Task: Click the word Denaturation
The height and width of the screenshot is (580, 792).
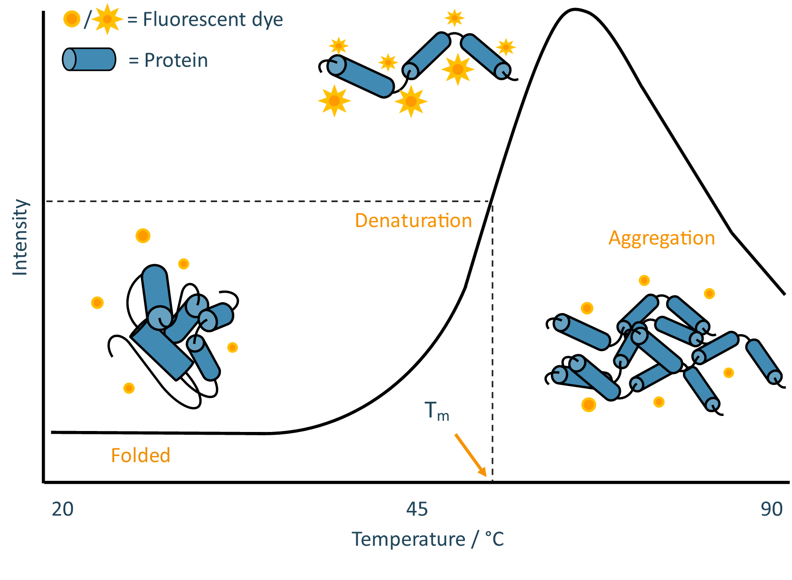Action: click(x=413, y=221)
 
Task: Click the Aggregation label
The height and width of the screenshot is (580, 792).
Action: click(x=661, y=238)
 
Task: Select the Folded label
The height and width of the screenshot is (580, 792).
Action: click(x=141, y=455)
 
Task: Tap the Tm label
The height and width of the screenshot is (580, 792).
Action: click(x=436, y=411)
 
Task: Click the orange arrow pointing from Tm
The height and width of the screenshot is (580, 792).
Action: click(x=470, y=455)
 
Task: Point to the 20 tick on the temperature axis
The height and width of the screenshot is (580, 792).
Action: click(x=63, y=509)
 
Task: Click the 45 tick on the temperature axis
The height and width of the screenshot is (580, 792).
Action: click(x=417, y=509)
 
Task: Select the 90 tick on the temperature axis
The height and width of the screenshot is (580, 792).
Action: click(x=771, y=509)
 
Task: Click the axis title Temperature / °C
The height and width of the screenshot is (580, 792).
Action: click(x=427, y=540)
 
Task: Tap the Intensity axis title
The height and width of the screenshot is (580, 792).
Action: click(x=20, y=237)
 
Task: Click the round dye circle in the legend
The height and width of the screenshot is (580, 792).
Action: click(x=72, y=19)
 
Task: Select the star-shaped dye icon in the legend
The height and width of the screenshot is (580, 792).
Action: click(x=107, y=19)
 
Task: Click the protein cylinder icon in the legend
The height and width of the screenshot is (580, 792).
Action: click(x=89, y=60)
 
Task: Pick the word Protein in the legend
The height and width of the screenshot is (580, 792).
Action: click(x=176, y=61)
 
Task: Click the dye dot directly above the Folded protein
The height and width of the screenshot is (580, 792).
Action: click(x=143, y=235)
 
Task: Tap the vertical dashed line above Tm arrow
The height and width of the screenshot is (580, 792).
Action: click(x=492, y=329)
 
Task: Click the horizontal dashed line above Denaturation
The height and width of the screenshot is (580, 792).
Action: click(x=268, y=201)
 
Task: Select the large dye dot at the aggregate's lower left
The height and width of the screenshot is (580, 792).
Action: click(x=588, y=405)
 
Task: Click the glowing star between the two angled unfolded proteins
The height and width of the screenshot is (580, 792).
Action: click(x=457, y=70)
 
